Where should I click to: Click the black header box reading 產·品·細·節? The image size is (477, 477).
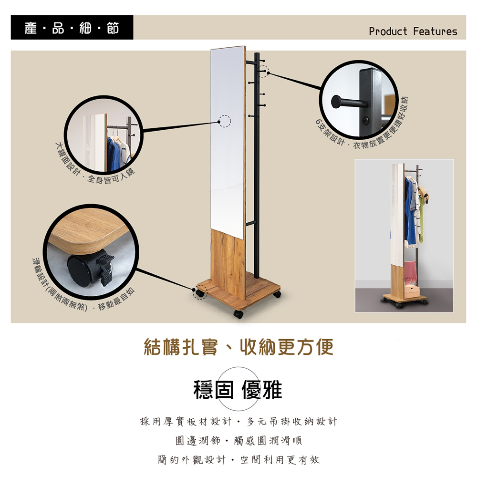click(x=72, y=27)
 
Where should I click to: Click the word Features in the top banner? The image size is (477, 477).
click(x=435, y=31)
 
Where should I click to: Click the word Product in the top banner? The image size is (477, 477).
click(x=388, y=31)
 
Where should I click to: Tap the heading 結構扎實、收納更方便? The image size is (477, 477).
click(x=238, y=347)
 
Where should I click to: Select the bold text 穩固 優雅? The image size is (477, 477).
click(x=238, y=390)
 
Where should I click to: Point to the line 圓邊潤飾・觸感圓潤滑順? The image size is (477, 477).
click(x=238, y=440)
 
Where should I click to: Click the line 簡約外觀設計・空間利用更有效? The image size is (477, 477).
click(x=238, y=459)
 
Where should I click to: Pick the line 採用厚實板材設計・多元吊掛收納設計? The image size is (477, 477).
click(x=238, y=421)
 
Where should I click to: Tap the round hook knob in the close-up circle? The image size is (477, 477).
click(x=336, y=102)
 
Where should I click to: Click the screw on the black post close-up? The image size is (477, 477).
click(x=365, y=121)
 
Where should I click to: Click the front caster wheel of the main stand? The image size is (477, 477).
click(x=238, y=314)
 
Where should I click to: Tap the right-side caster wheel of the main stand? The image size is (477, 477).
click(x=277, y=294)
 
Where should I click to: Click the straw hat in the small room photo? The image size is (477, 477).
click(x=424, y=194)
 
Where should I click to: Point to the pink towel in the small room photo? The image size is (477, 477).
click(x=410, y=272)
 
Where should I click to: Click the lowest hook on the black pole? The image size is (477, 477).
click(x=251, y=116)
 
